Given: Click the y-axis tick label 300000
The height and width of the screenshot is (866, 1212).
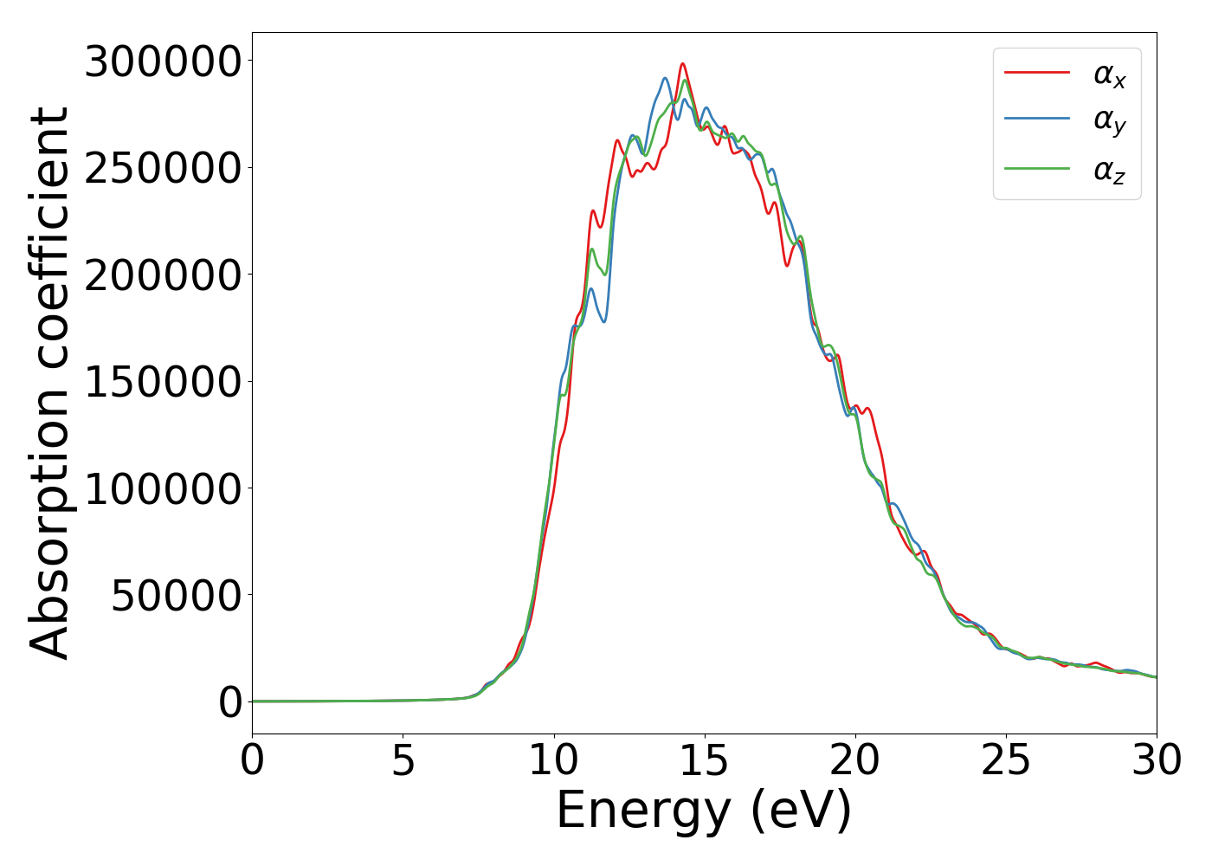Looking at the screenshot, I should [x=162, y=61].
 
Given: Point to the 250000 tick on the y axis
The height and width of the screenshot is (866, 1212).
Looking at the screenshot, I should [x=162, y=168].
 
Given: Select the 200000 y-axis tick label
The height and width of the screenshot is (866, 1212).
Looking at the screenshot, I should [x=162, y=275].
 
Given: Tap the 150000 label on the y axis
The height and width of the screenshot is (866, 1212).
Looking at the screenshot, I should [x=162, y=382].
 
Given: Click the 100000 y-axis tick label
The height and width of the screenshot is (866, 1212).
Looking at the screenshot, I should [x=162, y=489].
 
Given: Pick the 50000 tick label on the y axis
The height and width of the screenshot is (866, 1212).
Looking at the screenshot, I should [x=175, y=596].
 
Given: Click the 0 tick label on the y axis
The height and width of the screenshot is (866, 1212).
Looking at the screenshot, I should [x=230, y=703].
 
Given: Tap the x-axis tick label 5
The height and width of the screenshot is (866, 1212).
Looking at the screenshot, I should [x=403, y=760].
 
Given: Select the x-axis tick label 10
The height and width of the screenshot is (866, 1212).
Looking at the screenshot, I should [x=554, y=760].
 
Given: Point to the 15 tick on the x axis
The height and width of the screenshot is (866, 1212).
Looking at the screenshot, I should [x=705, y=760].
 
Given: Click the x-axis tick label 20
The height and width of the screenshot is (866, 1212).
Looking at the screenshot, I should [x=855, y=760].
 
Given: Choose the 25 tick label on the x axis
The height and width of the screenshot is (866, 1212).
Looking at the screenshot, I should [x=1006, y=760].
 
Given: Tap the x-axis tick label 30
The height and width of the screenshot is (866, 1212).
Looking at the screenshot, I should [x=1157, y=760].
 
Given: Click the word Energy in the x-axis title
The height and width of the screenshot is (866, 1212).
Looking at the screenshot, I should [x=643, y=811].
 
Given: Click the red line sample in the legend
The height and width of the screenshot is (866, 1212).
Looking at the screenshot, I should [x=1037, y=73].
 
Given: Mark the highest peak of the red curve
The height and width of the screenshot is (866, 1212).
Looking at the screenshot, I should [x=682, y=63].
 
